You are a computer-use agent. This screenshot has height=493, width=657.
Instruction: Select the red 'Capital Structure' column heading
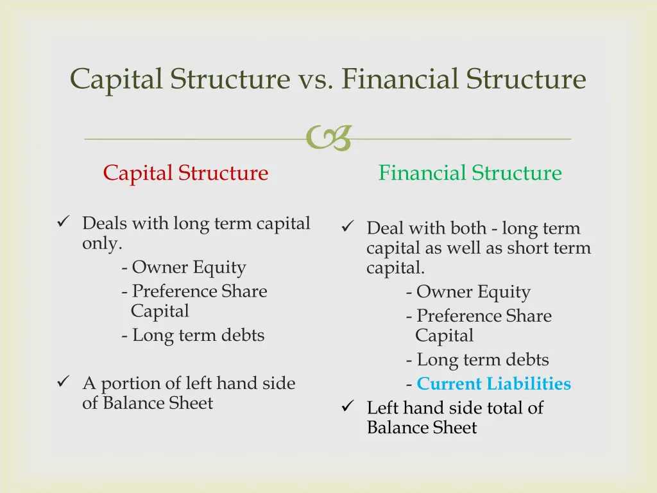tap(185, 173)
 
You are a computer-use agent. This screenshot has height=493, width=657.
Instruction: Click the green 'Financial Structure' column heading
tap(470, 173)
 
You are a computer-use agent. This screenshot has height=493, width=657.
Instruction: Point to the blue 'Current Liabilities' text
tap(493, 384)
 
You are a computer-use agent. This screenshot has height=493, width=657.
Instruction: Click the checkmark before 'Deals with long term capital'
tap(63, 223)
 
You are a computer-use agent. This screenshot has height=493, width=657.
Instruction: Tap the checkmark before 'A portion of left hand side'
tap(63, 383)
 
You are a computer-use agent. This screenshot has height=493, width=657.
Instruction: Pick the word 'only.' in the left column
tap(102, 244)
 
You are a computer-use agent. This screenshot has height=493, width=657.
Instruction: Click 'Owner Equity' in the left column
tap(189, 267)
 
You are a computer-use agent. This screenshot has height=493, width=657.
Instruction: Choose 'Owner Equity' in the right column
tap(473, 292)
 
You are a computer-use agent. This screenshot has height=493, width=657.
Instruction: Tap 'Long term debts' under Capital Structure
tap(198, 335)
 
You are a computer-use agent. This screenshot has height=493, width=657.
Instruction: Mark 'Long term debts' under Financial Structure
tap(482, 359)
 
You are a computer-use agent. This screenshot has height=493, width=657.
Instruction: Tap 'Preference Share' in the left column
tap(199, 291)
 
